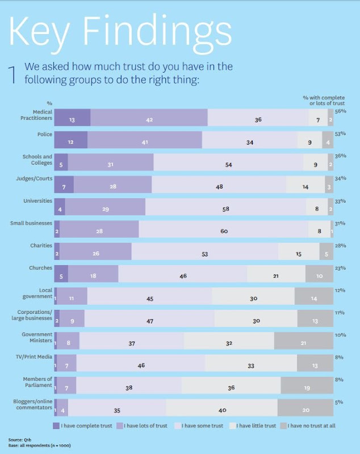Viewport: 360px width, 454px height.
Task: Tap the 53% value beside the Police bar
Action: [341, 134]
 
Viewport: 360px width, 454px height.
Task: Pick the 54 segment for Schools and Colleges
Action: [228, 165]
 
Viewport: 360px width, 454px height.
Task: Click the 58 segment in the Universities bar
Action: [225, 209]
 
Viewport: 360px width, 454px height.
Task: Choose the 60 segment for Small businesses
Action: [223, 231]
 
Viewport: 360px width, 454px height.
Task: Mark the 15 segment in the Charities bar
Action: [299, 254]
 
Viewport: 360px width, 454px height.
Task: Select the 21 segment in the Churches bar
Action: [276, 276]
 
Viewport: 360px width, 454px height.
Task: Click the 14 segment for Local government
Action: [314, 298]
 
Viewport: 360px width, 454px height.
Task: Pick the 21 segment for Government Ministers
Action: [304, 343]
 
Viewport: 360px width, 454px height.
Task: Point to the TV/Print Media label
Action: [37, 356]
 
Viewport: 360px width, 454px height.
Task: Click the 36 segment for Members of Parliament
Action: [231, 387]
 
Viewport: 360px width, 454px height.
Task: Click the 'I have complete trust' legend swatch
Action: [56, 426]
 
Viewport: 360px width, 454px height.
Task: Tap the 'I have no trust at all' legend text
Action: [313, 426]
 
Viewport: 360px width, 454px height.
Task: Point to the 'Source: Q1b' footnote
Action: [19, 440]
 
